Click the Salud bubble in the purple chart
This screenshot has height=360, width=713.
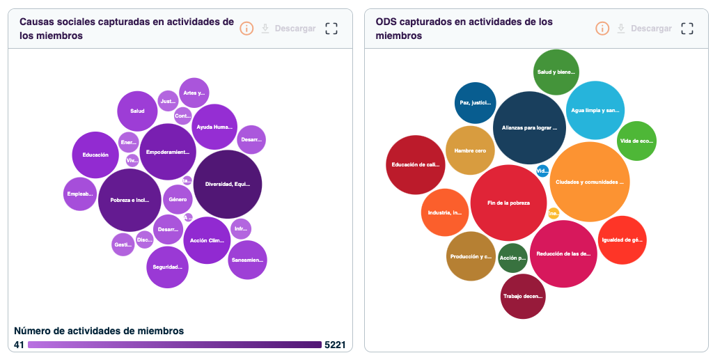click(137, 111)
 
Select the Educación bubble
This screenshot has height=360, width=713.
click(95, 155)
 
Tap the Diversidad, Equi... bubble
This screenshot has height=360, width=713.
click(227, 185)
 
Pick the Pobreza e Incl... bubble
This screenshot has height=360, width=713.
click(130, 201)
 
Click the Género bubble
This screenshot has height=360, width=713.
click(178, 200)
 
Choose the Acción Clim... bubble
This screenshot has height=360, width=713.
click(207, 240)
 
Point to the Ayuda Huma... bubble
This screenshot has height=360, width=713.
click(214, 127)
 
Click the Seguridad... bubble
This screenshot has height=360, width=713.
click(167, 267)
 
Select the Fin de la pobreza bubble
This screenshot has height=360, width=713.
click(509, 203)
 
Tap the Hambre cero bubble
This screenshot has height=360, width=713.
click(470, 150)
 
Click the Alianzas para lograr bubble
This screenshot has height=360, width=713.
click(529, 127)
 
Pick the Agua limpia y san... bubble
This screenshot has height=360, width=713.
click(595, 110)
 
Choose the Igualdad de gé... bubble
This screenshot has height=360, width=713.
click(622, 240)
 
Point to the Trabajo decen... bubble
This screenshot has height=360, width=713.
click(522, 297)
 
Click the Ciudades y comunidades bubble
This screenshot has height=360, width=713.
click(590, 182)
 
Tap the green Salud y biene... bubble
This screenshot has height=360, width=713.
click(556, 72)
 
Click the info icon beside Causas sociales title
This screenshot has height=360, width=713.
click(246, 29)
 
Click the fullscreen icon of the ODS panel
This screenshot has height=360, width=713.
click(687, 29)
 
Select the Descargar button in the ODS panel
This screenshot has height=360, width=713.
click(643, 29)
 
